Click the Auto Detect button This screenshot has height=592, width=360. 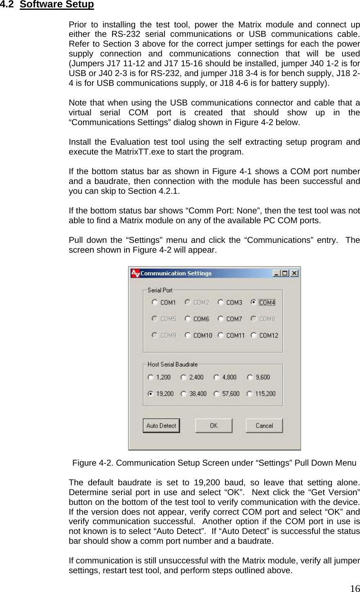[x=161, y=426]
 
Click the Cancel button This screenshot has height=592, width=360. [x=264, y=426]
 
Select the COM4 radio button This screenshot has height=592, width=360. [x=254, y=303]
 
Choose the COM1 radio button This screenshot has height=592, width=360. [x=155, y=303]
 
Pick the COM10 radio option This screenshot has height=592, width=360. [x=187, y=335]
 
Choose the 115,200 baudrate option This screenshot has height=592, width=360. [x=250, y=394]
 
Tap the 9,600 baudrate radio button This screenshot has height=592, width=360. [x=250, y=377]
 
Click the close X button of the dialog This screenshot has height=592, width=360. [x=294, y=273]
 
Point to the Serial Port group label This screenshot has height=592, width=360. [x=160, y=290]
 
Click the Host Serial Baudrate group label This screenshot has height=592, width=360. [x=172, y=364]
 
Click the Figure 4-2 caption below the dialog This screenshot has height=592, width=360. [x=214, y=463]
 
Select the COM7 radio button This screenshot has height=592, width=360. [x=220, y=319]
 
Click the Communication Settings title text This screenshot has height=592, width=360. [x=176, y=273]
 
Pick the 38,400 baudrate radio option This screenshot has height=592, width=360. [x=184, y=394]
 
